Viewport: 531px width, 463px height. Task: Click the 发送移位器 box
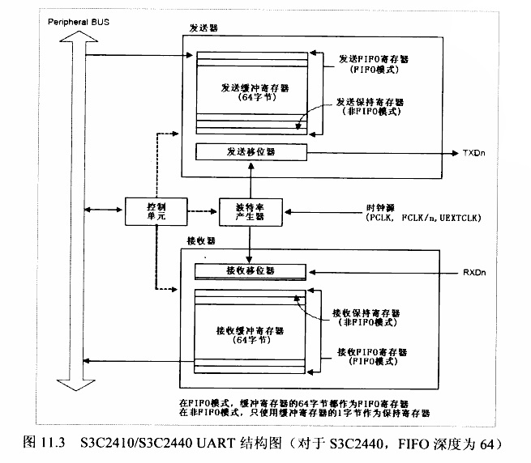tap(251, 151)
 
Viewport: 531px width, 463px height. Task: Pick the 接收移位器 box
tap(251, 270)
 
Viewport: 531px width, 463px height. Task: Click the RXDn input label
tap(473, 272)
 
